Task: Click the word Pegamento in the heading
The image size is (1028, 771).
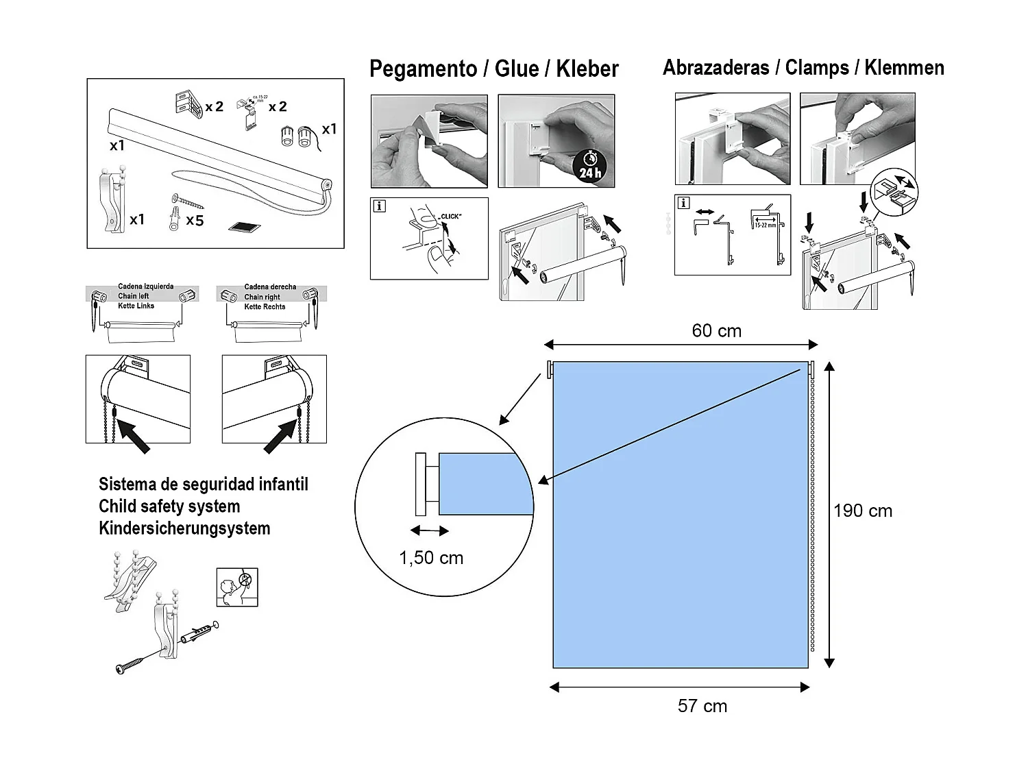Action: point(423,69)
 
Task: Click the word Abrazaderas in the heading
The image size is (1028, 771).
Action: point(715,68)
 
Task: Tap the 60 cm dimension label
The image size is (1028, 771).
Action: point(716,331)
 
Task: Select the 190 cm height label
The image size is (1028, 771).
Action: point(863,511)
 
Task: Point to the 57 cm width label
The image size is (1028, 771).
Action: point(702,706)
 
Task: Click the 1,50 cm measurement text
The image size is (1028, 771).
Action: point(431,558)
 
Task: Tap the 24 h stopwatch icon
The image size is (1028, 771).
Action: point(589,167)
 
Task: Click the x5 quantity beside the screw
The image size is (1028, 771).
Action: point(195,221)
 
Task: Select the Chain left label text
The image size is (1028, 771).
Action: point(133,296)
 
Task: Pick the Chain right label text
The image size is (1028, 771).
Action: point(262,297)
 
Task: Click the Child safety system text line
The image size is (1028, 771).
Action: point(169,506)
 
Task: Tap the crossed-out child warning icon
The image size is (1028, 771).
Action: point(237,587)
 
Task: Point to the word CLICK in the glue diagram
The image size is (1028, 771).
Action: point(450,217)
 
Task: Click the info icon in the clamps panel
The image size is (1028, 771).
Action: point(683,203)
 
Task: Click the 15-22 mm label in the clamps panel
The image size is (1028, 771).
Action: point(765,224)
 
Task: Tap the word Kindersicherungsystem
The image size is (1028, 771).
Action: point(184,528)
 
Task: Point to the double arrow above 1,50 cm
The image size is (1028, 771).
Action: point(430,530)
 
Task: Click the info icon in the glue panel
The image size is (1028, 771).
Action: point(379,206)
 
